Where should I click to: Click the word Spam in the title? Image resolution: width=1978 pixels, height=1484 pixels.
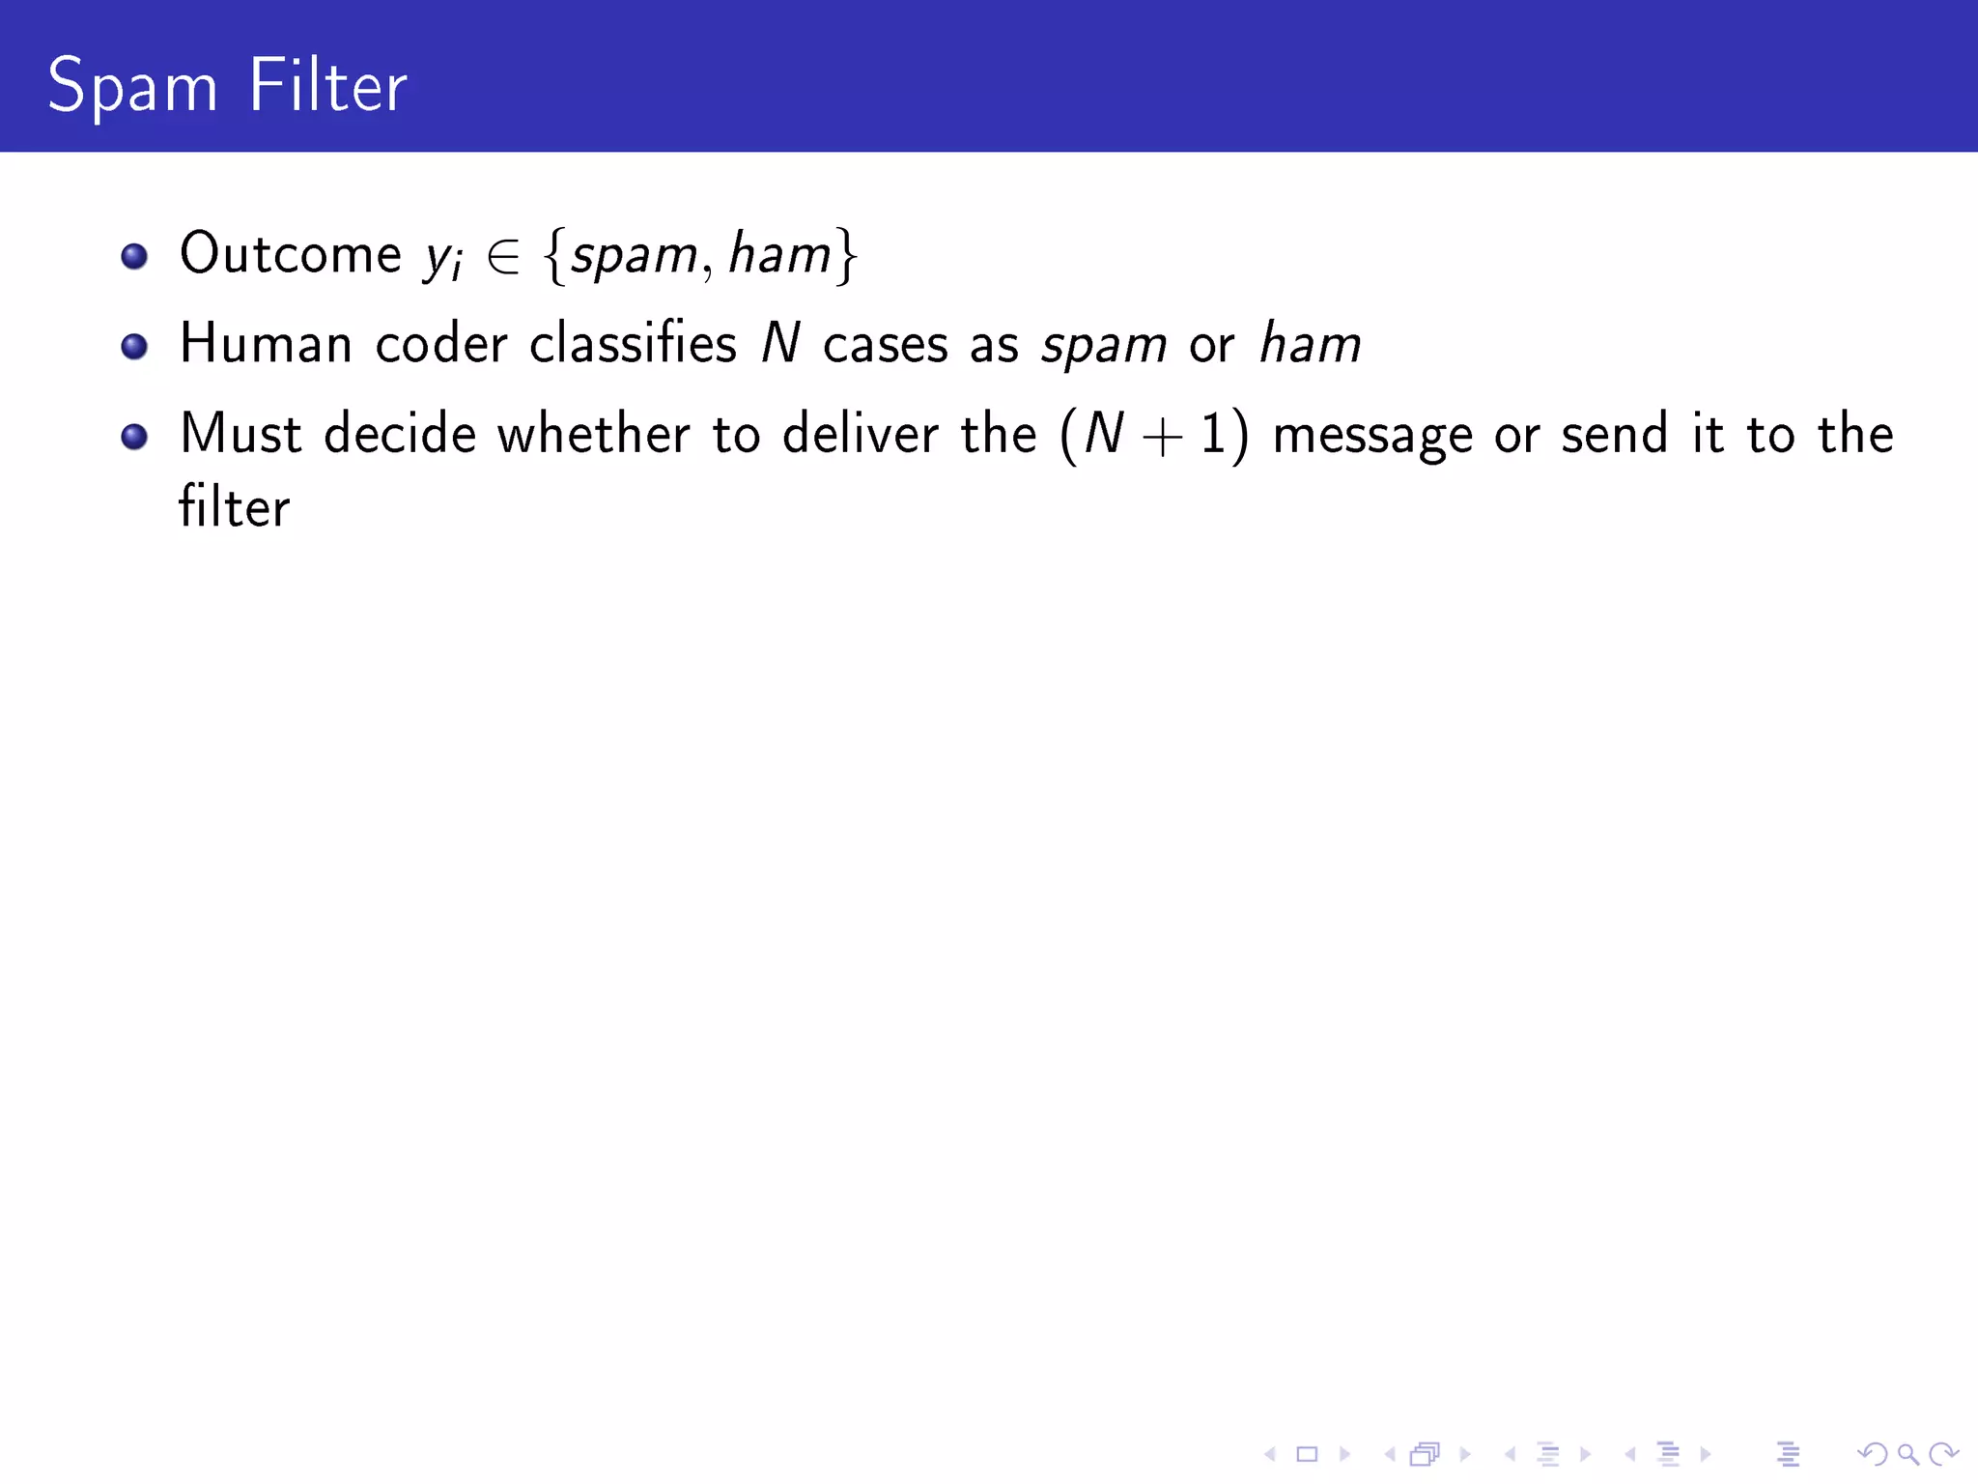(132, 87)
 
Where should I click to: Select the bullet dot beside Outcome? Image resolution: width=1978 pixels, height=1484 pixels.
(134, 256)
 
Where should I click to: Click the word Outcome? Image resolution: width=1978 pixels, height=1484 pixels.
(290, 254)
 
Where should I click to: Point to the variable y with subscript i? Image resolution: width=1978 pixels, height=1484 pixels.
(443, 257)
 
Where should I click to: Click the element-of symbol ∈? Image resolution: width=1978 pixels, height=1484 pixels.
(503, 256)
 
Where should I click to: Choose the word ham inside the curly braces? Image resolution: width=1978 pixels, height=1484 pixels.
(779, 254)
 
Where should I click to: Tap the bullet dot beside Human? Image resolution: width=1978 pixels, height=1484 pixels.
(134, 346)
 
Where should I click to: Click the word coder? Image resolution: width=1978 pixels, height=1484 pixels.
(441, 344)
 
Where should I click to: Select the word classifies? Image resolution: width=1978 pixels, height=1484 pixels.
(633, 344)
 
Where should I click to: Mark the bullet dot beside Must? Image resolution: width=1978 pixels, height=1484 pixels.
(134, 437)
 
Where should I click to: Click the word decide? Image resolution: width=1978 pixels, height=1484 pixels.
(400, 434)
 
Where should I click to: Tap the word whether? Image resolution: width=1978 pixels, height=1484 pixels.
(594, 434)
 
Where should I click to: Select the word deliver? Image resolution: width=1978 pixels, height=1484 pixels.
(860, 434)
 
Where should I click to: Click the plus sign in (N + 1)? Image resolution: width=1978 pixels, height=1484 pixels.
(1162, 437)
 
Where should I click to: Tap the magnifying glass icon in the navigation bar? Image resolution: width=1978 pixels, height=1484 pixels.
(1907, 1453)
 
